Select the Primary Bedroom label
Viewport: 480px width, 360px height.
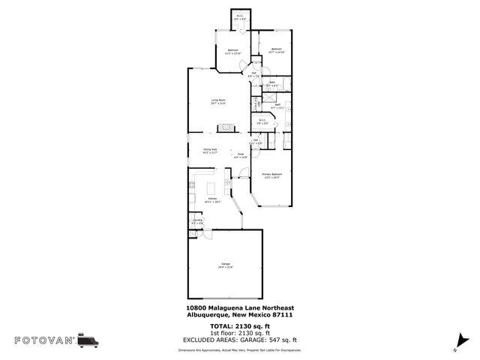(270, 175)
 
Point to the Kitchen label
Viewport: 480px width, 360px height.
(212, 199)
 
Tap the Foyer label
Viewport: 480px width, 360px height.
(240, 156)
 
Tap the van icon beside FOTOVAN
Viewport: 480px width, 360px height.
(88, 340)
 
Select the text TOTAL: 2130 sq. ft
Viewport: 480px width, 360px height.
(240, 327)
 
